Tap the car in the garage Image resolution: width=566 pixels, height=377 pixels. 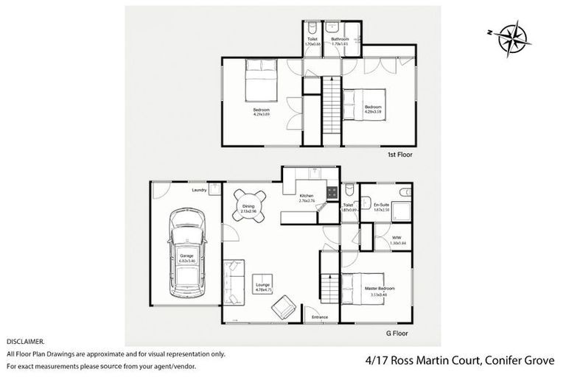[x=186, y=254]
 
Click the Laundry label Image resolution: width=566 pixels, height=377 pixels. [x=198, y=190]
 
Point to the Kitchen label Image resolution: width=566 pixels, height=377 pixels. [x=307, y=196]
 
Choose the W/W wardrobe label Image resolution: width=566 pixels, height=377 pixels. [x=396, y=238]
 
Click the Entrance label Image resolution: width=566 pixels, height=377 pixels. [x=320, y=317]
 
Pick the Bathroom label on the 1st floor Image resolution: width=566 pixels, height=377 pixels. [x=340, y=39]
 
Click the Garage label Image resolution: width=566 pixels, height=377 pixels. [x=186, y=256]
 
